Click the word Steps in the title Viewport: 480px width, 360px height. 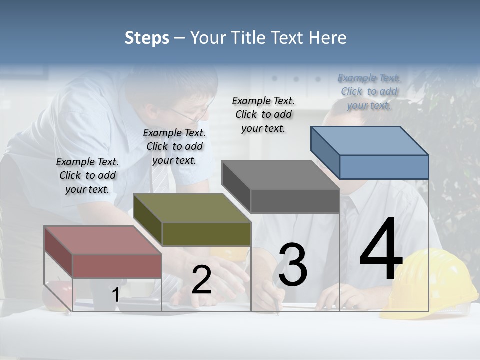[x=147, y=38]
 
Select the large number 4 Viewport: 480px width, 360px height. [x=381, y=249]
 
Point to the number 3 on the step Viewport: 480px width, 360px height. [x=292, y=265]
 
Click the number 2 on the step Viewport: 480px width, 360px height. [x=201, y=280]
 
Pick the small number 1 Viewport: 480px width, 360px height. [x=115, y=295]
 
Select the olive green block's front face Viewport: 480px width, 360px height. [x=206, y=234]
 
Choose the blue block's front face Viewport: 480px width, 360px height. [x=384, y=167]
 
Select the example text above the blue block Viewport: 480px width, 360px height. [x=369, y=92]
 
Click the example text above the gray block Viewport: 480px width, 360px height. [x=263, y=114]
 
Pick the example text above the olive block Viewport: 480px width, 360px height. [x=174, y=146]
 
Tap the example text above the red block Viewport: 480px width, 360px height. [x=87, y=175]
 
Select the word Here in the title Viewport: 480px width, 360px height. [x=328, y=38]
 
